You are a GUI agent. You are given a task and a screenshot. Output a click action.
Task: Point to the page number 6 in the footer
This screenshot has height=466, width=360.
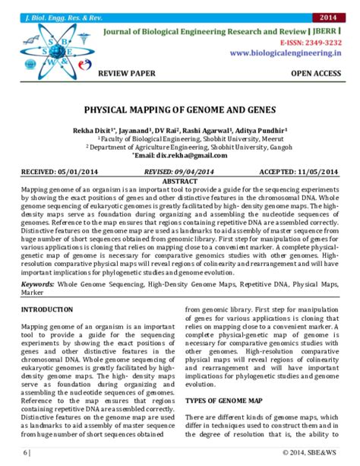point(24,454)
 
